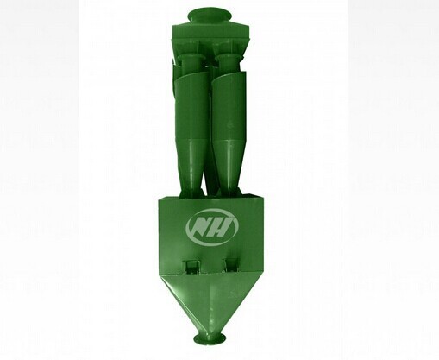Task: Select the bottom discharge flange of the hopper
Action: pos(210,339)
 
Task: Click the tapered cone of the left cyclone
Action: pos(192,167)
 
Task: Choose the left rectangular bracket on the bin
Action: pos(191,266)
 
